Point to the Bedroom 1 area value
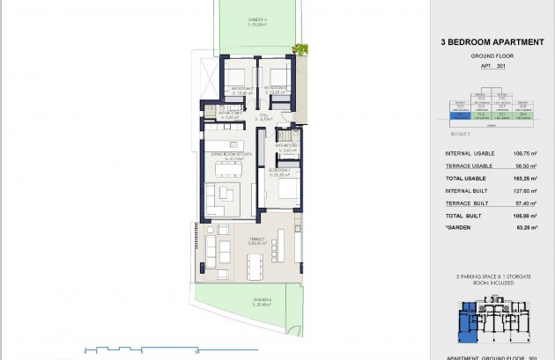pyautogui.click(x=279, y=173)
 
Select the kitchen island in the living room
pyautogui.click(x=221, y=145)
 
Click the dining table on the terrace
pyautogui.click(x=256, y=263)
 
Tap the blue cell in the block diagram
pyautogui.click(x=458, y=114)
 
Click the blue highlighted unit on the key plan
pyautogui.click(x=465, y=319)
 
